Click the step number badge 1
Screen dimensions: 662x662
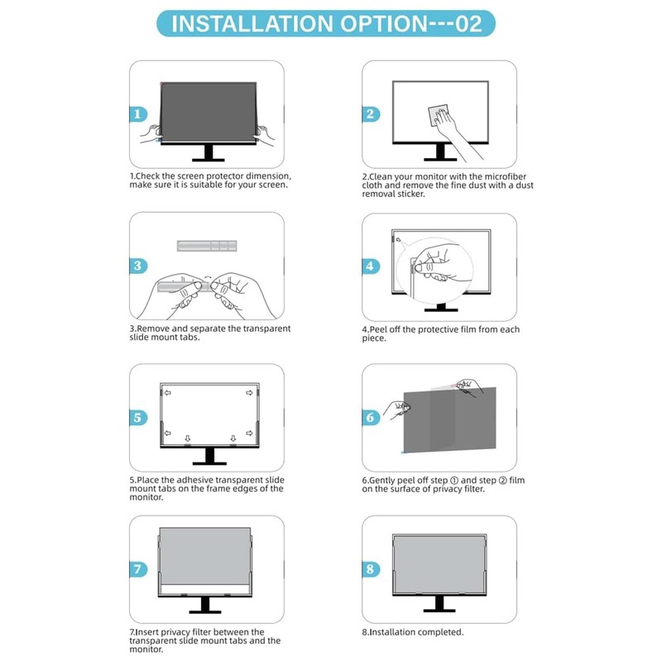pyautogui.click(x=138, y=114)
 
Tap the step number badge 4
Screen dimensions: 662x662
pyautogui.click(x=371, y=266)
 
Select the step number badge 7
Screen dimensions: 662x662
pyautogui.click(x=138, y=570)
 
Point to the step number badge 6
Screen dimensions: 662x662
pyautogui.click(x=371, y=418)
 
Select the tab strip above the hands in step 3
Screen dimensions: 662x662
pyautogui.click(x=207, y=246)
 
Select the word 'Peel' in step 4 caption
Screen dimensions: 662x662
pyautogui.click(x=382, y=329)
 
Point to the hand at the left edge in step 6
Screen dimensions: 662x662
pyautogui.click(x=400, y=408)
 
